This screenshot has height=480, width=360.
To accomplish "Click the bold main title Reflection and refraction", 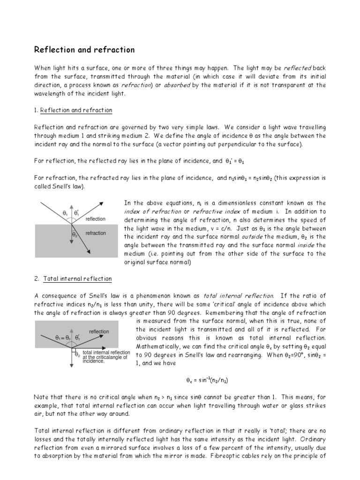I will point(85,50).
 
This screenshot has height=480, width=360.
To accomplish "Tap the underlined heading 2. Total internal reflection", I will point(74,279).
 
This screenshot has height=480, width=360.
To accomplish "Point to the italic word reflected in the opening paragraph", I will point(298,68).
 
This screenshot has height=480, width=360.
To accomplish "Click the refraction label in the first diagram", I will point(96,233).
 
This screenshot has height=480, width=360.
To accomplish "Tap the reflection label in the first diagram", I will point(96,219).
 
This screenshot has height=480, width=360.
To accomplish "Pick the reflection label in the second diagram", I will point(99,331).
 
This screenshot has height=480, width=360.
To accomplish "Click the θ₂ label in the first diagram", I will point(75,234).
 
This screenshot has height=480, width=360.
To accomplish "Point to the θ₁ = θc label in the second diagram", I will point(62,337).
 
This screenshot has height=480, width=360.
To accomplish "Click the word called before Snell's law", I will point(44,186).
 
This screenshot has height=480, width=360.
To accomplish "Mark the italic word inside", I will point(307,245).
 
